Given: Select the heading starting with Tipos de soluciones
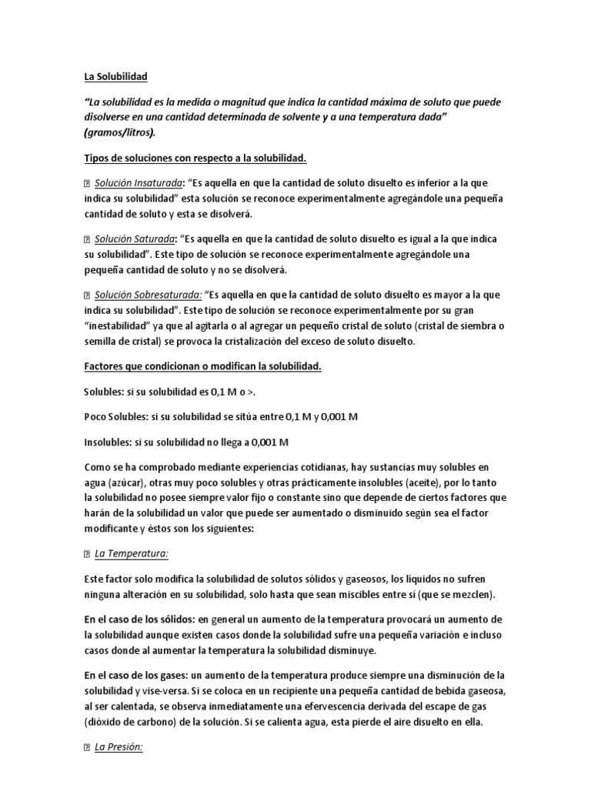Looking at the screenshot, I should (195, 159).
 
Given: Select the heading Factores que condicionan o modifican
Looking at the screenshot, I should (202, 366).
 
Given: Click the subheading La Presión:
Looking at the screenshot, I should (119, 747).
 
